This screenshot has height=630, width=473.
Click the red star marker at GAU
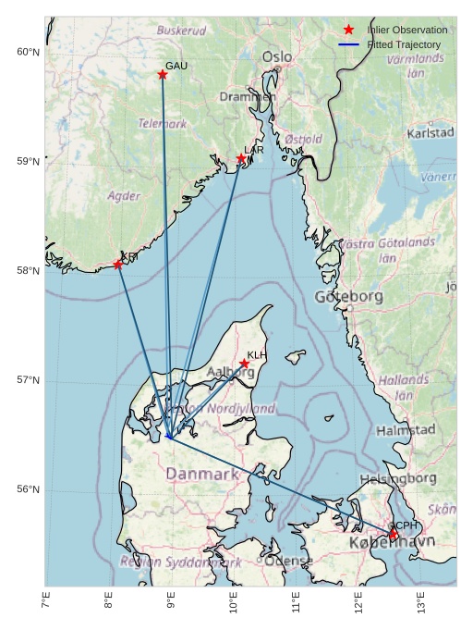pyautogui.click(x=163, y=74)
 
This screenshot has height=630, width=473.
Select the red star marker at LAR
pyautogui.click(x=241, y=158)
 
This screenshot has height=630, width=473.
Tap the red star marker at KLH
pyautogui.click(x=244, y=364)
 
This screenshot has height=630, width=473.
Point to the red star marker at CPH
pyautogui.click(x=393, y=535)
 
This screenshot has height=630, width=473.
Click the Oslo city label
pyautogui.click(x=277, y=57)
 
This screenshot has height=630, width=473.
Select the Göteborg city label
pyautogui.click(x=348, y=297)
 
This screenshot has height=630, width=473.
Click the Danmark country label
pyautogui.click(x=202, y=474)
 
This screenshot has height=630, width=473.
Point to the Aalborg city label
pyautogui.click(x=230, y=372)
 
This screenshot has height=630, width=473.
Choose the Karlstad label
pyautogui.click(x=431, y=133)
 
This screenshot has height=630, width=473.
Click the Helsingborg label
pyautogui.click(x=398, y=478)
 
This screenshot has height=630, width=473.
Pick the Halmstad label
pyautogui.click(x=406, y=430)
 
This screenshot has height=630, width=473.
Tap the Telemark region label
pyautogui.click(x=163, y=122)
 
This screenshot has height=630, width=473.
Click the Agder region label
pyautogui.click(x=124, y=196)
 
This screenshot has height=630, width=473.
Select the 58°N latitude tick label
pyautogui.click(x=28, y=271)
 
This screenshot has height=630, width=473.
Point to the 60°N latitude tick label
pyautogui.click(x=28, y=52)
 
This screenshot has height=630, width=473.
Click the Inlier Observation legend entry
pyautogui.click(x=406, y=30)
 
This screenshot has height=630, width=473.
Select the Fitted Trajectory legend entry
pyautogui.click(x=403, y=44)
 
